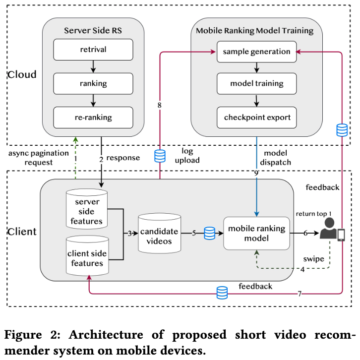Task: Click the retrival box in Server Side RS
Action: pos(93,50)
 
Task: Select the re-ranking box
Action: pos(93,118)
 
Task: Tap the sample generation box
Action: pos(257,52)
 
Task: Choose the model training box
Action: pos(257,84)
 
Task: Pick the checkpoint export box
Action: pos(257,118)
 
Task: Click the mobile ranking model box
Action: pos(256,233)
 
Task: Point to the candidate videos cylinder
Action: pos(159,233)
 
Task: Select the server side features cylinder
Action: pos(87,209)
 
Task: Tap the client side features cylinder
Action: pos(87,255)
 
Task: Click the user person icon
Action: pos(329,228)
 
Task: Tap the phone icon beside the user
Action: pos(341,235)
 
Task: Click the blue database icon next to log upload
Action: pos(160,156)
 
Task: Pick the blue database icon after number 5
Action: pos(210,233)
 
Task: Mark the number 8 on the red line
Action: pos(160,106)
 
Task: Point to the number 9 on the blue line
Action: pos(256,173)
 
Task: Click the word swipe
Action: pos(313,259)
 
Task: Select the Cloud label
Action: pos(22,74)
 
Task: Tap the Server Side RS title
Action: pos(93,31)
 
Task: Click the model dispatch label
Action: pos(276,158)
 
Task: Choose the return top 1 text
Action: pos(313,214)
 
